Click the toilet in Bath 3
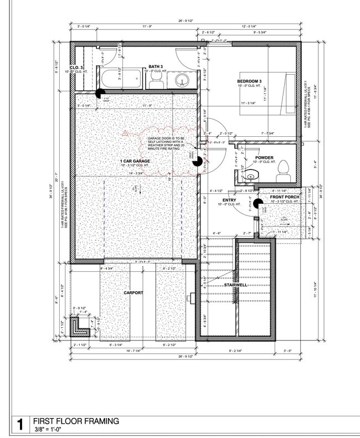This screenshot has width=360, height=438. (155, 83)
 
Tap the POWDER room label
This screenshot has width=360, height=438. (264, 157)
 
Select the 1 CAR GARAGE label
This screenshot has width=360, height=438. (135, 161)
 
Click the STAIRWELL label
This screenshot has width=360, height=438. (235, 285)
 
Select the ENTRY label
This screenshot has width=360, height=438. (230, 200)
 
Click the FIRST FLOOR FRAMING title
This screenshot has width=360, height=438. (76, 421)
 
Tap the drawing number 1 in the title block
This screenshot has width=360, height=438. (20, 425)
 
